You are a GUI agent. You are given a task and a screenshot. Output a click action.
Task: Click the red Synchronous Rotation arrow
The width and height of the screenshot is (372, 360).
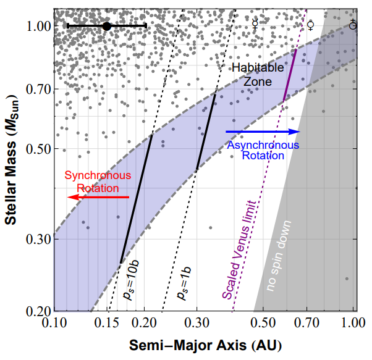(x=99, y=197)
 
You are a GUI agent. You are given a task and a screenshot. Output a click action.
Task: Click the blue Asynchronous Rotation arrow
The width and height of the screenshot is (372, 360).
(x=263, y=132)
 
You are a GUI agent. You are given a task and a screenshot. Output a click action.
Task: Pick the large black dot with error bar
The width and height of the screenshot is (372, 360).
(x=106, y=26)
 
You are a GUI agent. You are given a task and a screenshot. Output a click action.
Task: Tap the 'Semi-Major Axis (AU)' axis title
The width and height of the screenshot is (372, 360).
(x=203, y=343)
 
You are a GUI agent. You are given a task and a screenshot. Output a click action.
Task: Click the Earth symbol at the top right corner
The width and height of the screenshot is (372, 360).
(x=353, y=25)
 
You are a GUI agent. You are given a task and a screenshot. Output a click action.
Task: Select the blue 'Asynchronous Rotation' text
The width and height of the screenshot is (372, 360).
(x=263, y=150)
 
